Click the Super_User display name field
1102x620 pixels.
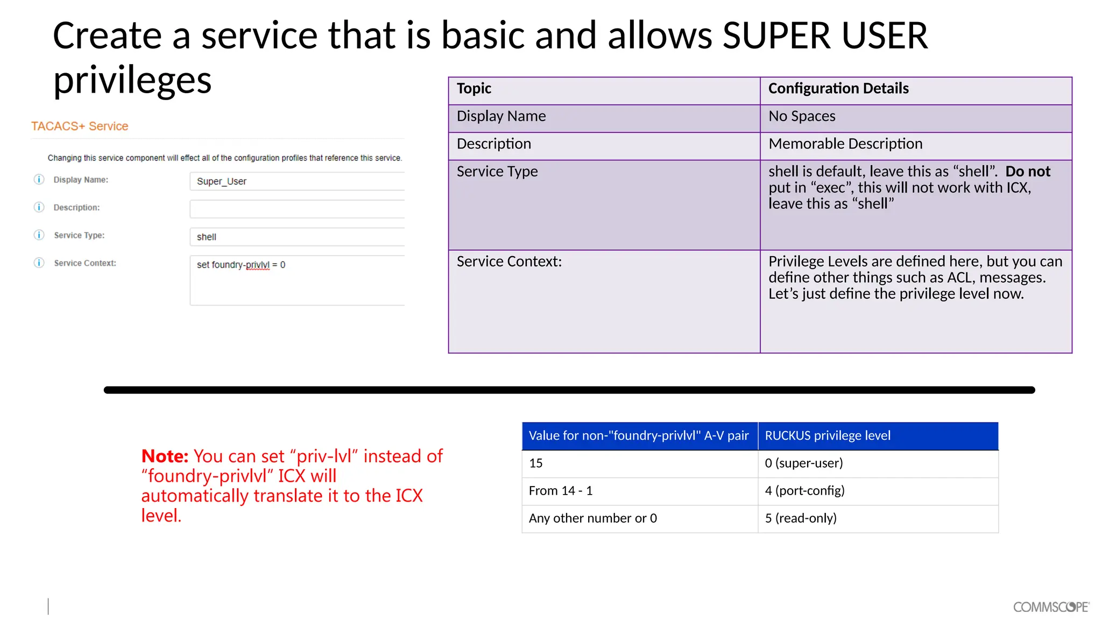[296, 181]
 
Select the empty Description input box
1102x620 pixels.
[296, 209]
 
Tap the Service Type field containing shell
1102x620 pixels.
[296, 237]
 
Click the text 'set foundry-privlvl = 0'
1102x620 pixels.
[241, 265]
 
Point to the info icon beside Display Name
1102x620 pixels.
[39, 179]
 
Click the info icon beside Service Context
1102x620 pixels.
[39, 263]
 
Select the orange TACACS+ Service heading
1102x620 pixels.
[80, 126]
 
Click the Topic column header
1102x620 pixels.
[474, 88]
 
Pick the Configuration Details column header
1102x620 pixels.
[838, 88]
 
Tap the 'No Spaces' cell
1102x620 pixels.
[802, 116]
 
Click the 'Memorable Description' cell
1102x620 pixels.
[845, 144]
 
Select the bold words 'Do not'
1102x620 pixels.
[1028, 171]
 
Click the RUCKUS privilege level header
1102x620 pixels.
[828, 435]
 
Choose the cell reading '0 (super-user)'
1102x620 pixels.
[804, 463]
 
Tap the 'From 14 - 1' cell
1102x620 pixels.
[561, 491]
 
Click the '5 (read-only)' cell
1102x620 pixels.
[801, 518]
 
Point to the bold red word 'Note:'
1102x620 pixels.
[165, 456]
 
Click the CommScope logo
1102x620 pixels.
[1051, 607]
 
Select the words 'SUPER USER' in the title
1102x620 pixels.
[825, 36]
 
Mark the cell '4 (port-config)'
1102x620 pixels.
[804, 491]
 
